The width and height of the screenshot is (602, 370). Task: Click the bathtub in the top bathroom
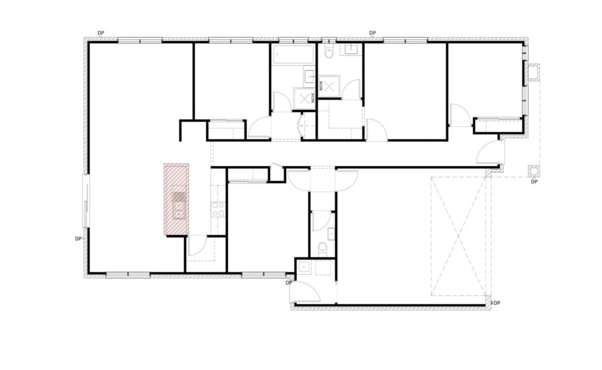tap(294, 55)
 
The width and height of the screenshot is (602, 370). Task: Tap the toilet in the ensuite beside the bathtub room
tap(329, 51)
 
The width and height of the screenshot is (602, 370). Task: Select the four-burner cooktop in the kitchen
tap(218, 210)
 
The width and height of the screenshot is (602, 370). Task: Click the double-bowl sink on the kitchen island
tap(179, 206)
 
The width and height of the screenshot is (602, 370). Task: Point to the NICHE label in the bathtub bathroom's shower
tap(314, 97)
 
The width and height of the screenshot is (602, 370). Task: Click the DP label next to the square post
tap(534, 181)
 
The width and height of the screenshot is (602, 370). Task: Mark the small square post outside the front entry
tap(533, 170)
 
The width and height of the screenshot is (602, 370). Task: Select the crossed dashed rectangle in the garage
tap(459, 236)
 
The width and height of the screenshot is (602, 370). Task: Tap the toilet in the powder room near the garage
tap(323, 248)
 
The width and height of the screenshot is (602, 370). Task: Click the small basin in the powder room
tap(331, 234)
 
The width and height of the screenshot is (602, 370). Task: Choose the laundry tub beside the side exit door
tap(305, 267)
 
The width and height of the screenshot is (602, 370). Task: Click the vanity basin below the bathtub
tap(310, 76)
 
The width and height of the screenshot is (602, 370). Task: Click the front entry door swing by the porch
tap(490, 152)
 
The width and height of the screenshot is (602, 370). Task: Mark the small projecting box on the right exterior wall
tap(533, 73)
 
